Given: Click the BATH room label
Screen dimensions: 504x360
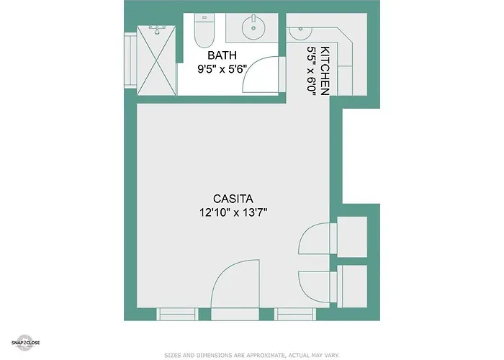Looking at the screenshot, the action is [222, 55].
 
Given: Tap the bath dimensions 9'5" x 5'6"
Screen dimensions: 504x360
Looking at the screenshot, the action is [222, 69].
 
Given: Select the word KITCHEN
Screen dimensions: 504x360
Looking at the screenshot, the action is [325, 71].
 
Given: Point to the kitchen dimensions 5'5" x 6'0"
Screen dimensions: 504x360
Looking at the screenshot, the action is [312, 71].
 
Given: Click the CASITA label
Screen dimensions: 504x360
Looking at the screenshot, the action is [233, 199].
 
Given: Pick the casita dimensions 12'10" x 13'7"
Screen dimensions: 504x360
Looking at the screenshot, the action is [233, 212].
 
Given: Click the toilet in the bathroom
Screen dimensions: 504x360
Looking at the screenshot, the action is [204, 31].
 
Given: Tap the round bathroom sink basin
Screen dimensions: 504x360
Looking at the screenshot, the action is [253, 27].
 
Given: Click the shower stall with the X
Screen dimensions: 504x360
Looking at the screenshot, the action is [156, 60].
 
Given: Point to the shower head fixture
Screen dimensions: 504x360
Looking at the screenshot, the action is [157, 30].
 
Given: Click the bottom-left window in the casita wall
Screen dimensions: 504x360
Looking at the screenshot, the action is [177, 314].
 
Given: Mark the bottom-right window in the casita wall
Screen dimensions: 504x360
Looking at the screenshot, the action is [295, 314].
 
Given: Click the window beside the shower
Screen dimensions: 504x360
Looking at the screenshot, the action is [130, 60].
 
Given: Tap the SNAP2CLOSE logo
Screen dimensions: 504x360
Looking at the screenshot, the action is [26, 343].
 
